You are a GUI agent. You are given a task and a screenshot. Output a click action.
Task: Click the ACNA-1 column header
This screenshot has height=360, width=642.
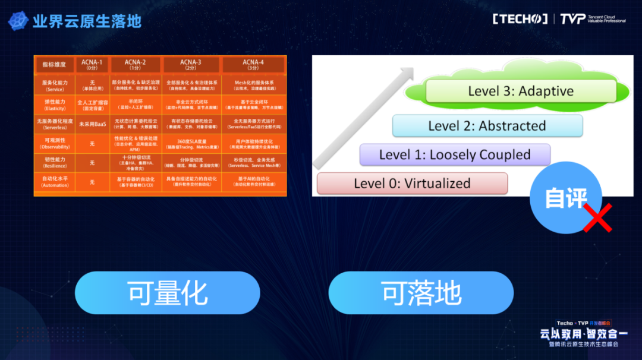92,65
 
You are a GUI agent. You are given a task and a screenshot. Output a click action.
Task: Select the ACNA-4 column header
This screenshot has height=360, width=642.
253,65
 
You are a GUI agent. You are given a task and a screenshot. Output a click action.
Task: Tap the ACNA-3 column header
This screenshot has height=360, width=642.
190,65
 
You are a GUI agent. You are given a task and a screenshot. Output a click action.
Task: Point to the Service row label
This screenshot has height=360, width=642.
55,86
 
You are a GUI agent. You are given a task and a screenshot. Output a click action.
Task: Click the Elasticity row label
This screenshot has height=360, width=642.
55,105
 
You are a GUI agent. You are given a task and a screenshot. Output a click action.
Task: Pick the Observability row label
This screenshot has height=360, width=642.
55,144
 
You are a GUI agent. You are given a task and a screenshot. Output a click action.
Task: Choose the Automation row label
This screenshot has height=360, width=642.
55,182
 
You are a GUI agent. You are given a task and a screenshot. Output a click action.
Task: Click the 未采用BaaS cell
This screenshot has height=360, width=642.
92,124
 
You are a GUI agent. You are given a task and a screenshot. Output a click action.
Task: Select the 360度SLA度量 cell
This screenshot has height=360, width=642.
190,144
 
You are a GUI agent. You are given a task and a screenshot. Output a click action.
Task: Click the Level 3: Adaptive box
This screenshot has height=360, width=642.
521,91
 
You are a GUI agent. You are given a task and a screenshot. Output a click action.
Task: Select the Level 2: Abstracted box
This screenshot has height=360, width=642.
487,126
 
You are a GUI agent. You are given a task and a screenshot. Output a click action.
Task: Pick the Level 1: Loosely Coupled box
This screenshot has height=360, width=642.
455,155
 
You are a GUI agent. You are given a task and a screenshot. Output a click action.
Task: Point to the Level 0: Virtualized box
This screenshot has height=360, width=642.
412,184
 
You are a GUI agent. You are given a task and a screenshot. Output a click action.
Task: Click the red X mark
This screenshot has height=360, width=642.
597,218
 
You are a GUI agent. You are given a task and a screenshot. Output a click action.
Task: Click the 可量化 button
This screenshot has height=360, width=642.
167,293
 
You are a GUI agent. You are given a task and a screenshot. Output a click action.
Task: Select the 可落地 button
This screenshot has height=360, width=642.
421,293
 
